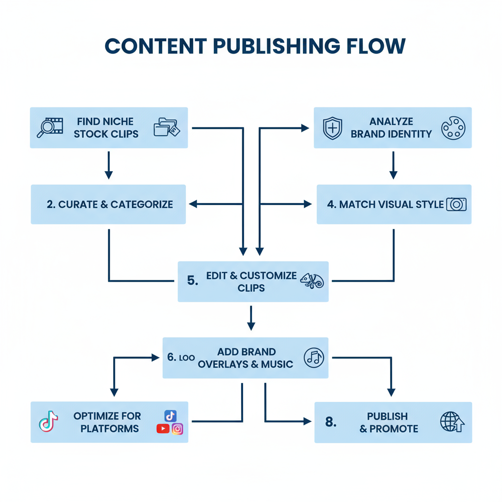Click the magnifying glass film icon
[50, 127]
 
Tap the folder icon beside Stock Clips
[167, 127]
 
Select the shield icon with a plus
[332, 127]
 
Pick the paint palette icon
[453, 127]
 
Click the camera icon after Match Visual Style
[456, 204]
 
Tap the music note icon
[314, 357]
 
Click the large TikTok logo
[48, 423]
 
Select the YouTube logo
[163, 429]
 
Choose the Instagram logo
[177, 429]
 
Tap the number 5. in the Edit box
[193, 281]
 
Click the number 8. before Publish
[331, 422]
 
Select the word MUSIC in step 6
[277, 364]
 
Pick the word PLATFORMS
[109, 428]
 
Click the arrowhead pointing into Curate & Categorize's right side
[193, 204]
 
